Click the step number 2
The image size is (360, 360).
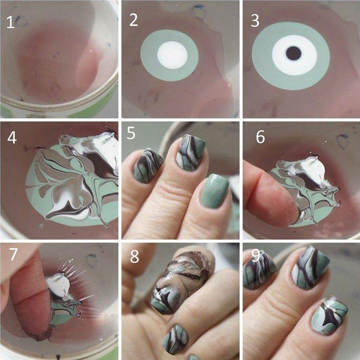tap(133, 20)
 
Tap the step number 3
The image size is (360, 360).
tap(254, 20)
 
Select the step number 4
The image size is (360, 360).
tap(12, 138)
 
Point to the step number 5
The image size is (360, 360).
tap(132, 134)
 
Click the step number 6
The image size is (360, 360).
tap(260, 137)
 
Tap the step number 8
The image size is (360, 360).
tap(134, 256)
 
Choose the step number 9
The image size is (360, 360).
tap(255, 256)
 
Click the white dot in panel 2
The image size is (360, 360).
tap(172, 54)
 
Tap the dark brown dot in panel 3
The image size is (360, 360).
tap(293, 53)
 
